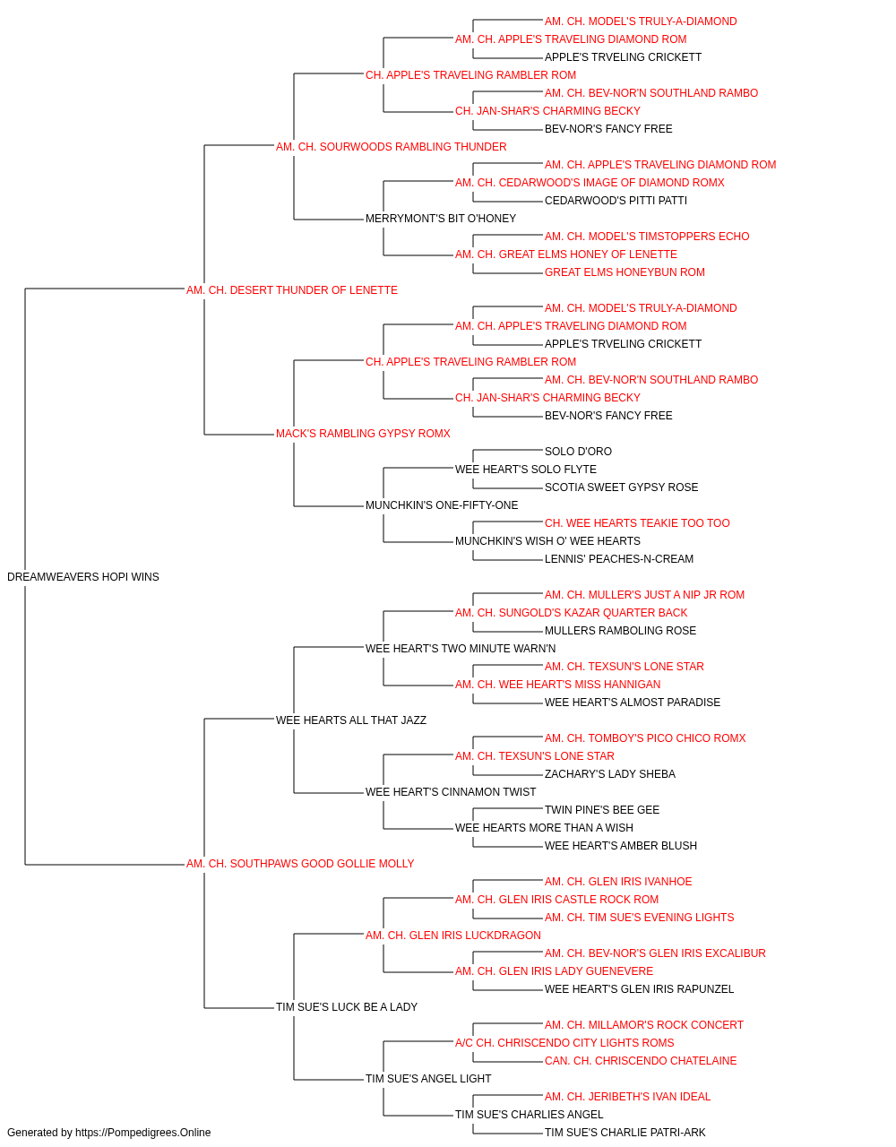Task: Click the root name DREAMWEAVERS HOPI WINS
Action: tap(82, 577)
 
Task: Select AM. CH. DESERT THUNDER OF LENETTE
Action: tap(292, 290)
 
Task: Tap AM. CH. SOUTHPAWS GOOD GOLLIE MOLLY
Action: tap(300, 864)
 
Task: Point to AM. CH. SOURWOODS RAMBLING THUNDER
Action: tap(391, 147)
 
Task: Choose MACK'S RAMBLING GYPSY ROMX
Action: tap(363, 434)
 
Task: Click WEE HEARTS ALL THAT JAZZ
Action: tap(351, 720)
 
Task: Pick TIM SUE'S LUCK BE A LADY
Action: tap(347, 1007)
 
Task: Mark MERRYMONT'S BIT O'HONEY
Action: tap(441, 219)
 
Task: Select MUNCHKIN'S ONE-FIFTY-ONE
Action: tap(442, 505)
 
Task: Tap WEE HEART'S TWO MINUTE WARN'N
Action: tap(461, 649)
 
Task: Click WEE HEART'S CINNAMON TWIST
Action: tap(451, 792)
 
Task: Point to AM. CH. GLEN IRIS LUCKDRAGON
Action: tap(453, 936)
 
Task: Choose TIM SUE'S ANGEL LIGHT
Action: tap(428, 1079)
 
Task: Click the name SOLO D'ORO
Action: tap(578, 452)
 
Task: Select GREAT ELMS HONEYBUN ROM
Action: tap(625, 272)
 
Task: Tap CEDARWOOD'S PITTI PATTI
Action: tap(616, 201)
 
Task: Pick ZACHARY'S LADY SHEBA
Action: tap(610, 774)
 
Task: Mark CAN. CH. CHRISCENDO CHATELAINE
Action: tap(641, 1061)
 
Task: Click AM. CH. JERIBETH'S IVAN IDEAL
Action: tap(627, 1097)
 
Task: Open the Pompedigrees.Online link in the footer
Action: tap(143, 1133)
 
